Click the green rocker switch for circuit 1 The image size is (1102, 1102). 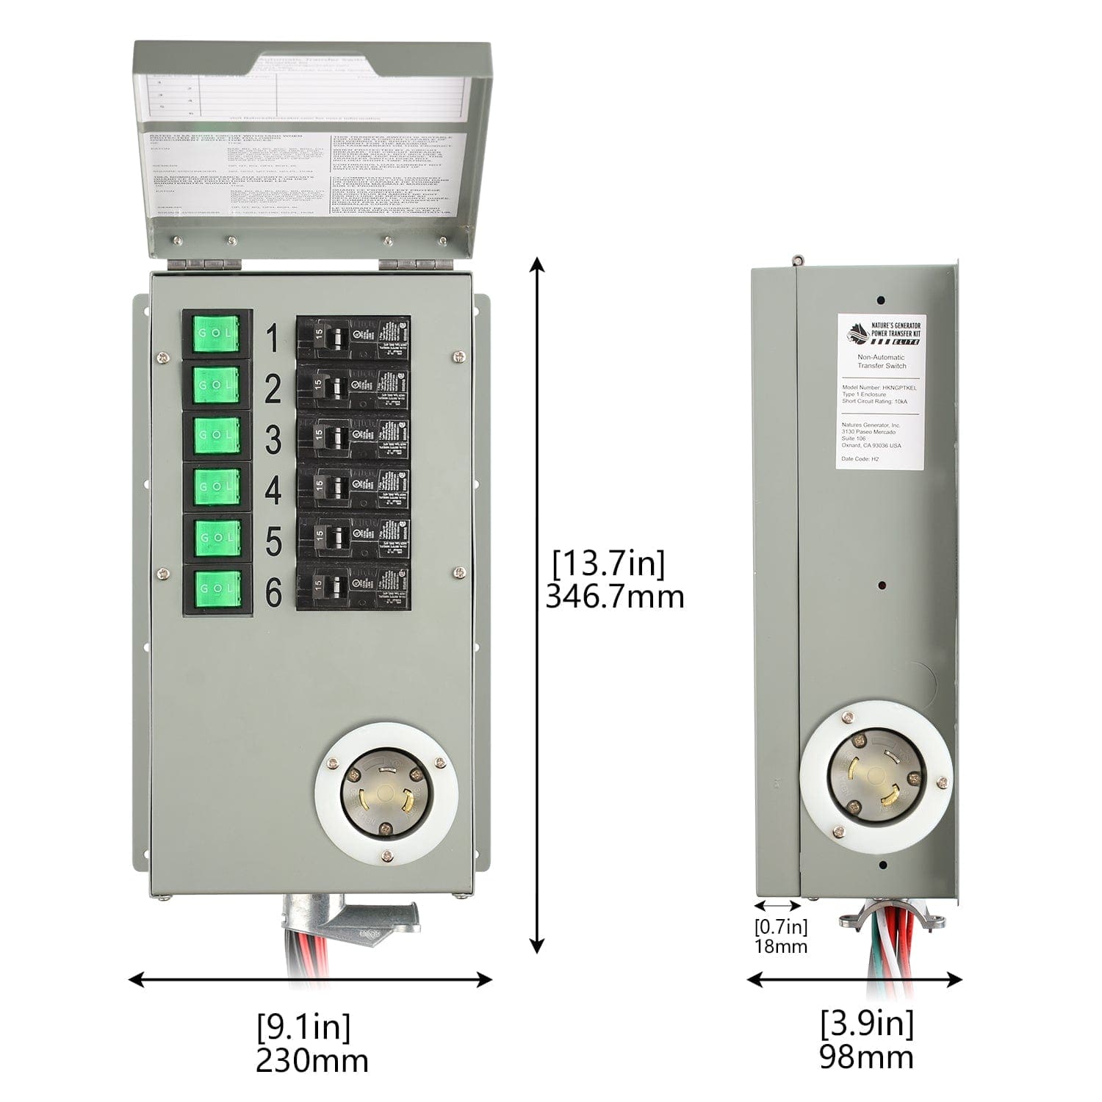click(217, 334)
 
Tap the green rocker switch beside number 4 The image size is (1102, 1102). click(217, 486)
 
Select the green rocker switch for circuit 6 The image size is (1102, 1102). click(217, 588)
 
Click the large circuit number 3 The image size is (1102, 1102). click(273, 439)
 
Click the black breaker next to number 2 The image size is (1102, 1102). click(353, 386)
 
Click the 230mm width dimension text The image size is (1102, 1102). click(312, 1060)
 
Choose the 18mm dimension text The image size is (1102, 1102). click(780, 946)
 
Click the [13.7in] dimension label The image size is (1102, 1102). click(608, 564)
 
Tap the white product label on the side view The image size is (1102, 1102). click(881, 392)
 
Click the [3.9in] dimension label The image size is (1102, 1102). click(867, 1023)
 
